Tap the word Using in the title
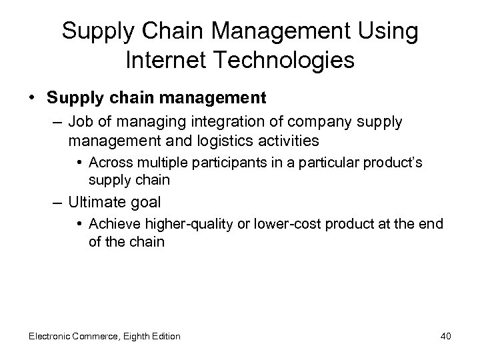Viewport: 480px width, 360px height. tap(393, 31)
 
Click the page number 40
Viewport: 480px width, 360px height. tap(445, 336)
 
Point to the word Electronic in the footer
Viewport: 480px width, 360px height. tap(51, 336)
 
